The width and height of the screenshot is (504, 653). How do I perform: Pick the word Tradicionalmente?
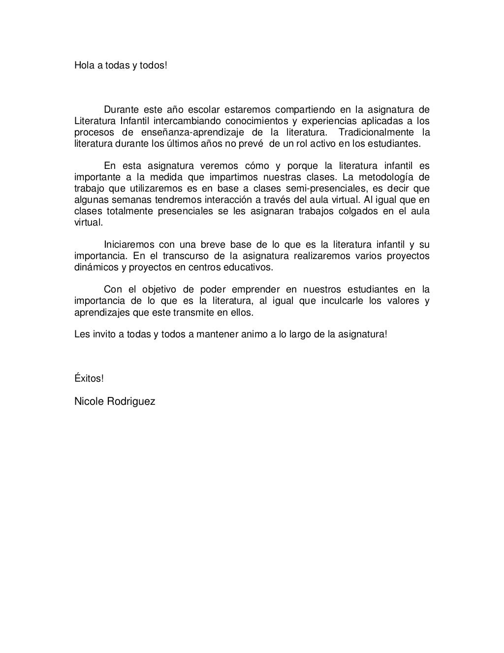pyautogui.click(x=375, y=132)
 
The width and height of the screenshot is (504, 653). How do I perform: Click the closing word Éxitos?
pyautogui.click(x=89, y=378)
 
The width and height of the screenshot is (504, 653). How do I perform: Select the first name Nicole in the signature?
pyautogui.click(x=89, y=401)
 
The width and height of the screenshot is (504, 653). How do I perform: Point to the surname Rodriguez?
pyautogui.click(x=131, y=401)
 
